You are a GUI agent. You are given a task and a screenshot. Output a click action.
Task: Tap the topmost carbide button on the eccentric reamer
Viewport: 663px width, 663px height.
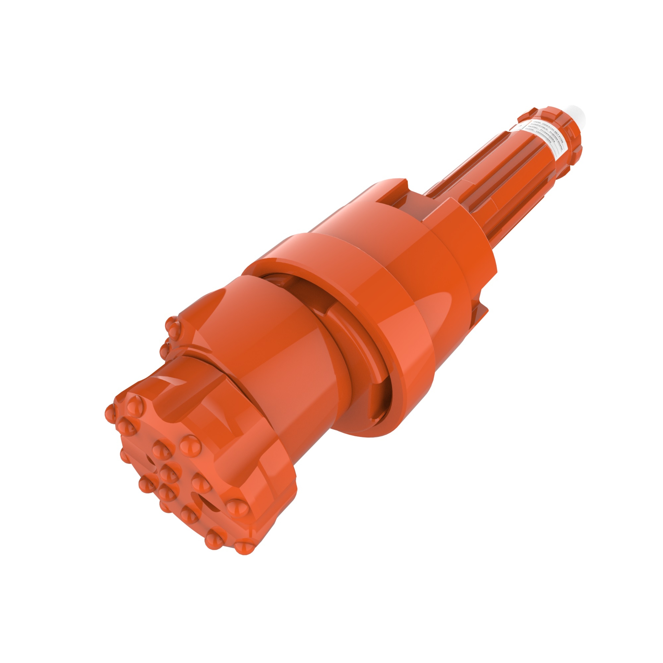173,323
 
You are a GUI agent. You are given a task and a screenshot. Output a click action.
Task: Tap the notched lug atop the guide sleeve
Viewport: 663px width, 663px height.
395,192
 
